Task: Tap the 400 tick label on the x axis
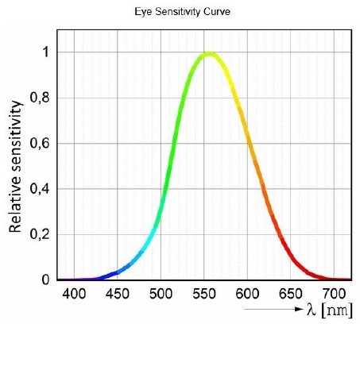click(x=74, y=295)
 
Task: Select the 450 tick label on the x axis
click(x=118, y=295)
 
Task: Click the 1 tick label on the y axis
click(x=45, y=52)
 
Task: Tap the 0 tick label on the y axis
click(x=45, y=279)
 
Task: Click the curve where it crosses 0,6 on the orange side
click(x=247, y=144)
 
